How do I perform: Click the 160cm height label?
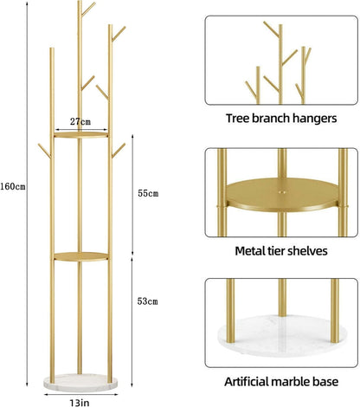coord(13,186)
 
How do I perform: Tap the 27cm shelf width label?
coord(80,121)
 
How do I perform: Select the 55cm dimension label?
coord(148,193)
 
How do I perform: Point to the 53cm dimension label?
coord(147,301)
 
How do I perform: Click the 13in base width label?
coord(80,403)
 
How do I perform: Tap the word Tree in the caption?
coord(237,119)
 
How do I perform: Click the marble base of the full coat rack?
coord(80,383)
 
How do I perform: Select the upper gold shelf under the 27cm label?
coord(81,135)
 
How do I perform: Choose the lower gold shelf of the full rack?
coord(81,256)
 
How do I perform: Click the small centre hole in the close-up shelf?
coord(282,191)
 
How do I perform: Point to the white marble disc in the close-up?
coord(282,336)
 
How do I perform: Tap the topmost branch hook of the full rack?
coord(88,9)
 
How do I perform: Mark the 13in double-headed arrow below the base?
coord(80,394)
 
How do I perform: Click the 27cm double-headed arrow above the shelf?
coord(81,130)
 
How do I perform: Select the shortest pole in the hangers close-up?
coord(258,85)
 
